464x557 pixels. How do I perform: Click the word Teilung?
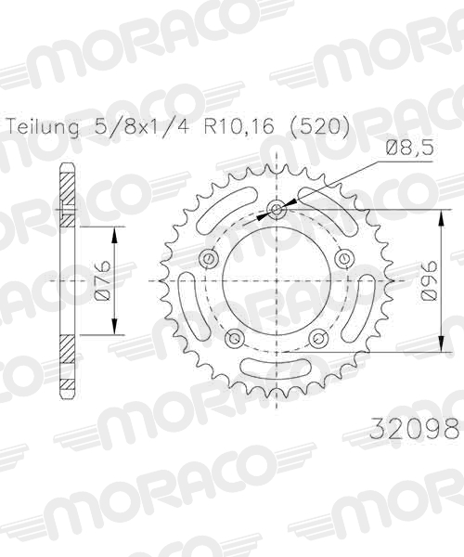pyautogui.click(x=44, y=126)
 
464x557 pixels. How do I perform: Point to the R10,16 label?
pyautogui.click(x=238, y=126)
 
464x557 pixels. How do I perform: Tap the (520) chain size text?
pyautogui.click(x=320, y=126)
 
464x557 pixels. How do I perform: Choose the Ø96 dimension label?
pyautogui.click(x=431, y=280)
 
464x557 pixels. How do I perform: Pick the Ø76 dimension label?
pyautogui.click(x=103, y=280)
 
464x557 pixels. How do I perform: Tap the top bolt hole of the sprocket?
pyautogui.click(x=277, y=209)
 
